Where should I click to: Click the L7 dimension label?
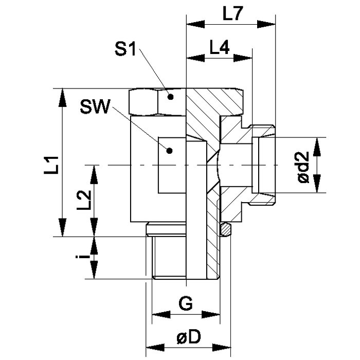click(x=232, y=14)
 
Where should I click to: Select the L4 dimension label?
click(x=220, y=47)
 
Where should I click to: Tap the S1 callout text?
click(x=125, y=49)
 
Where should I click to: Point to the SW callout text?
click(x=95, y=106)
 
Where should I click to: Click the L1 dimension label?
click(x=51, y=165)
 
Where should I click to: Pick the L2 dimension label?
click(x=84, y=200)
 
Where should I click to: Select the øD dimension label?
click(x=189, y=337)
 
